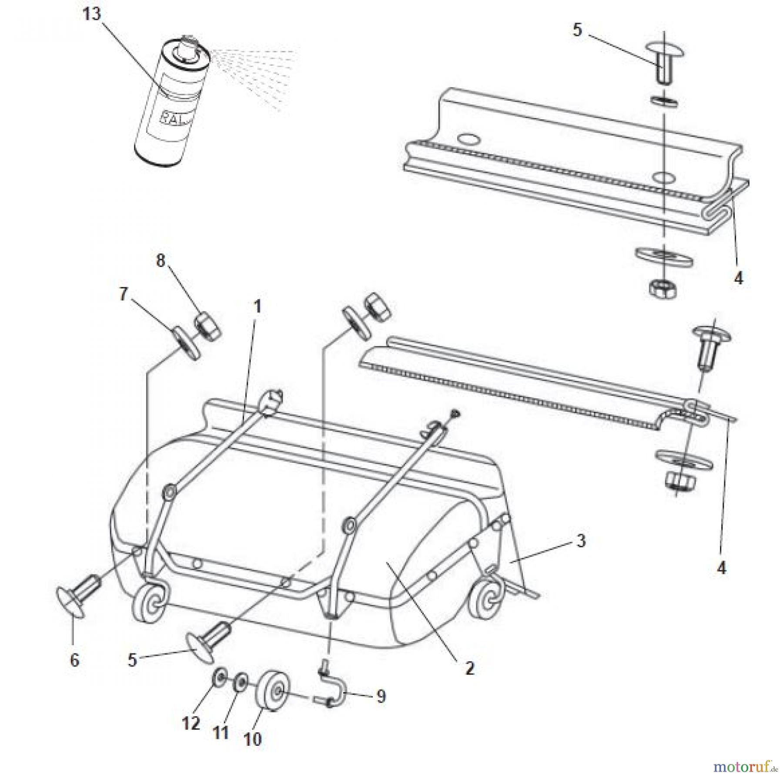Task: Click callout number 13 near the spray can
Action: pyautogui.click(x=91, y=15)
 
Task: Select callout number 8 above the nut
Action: pyautogui.click(x=161, y=261)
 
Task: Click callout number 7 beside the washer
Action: pyautogui.click(x=124, y=294)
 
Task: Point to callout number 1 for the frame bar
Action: pyautogui.click(x=257, y=307)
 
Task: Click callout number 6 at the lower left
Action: pyautogui.click(x=74, y=660)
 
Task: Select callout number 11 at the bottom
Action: pyautogui.click(x=221, y=732)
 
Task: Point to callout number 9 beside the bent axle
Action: pyautogui.click(x=381, y=697)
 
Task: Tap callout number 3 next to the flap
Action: pyautogui.click(x=581, y=541)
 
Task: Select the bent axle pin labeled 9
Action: pyautogui.click(x=331, y=692)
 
